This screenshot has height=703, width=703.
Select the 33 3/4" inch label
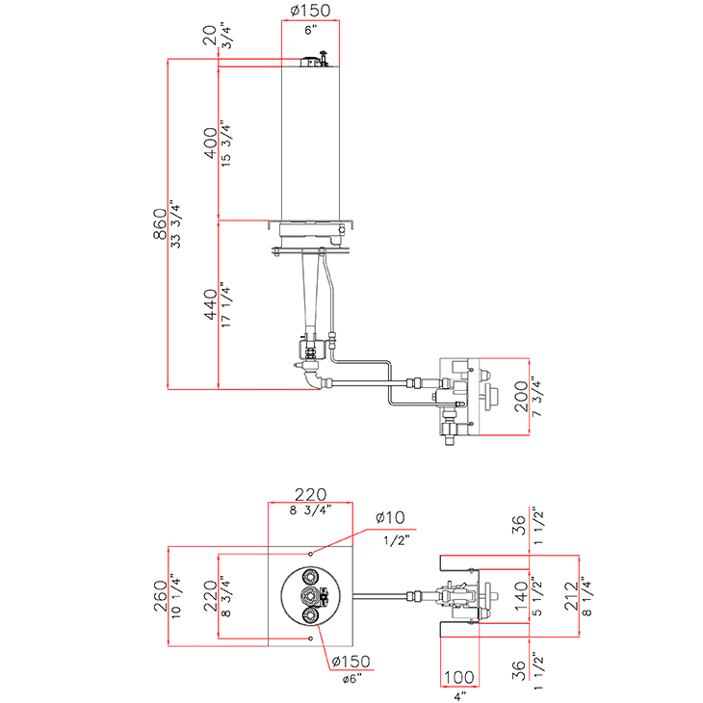[x=175, y=224]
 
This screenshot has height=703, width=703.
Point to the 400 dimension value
[x=210, y=143]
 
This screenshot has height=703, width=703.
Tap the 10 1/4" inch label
[x=176, y=598]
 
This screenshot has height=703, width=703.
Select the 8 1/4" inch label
[x=588, y=596]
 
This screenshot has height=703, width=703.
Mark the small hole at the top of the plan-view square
[x=311, y=554]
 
